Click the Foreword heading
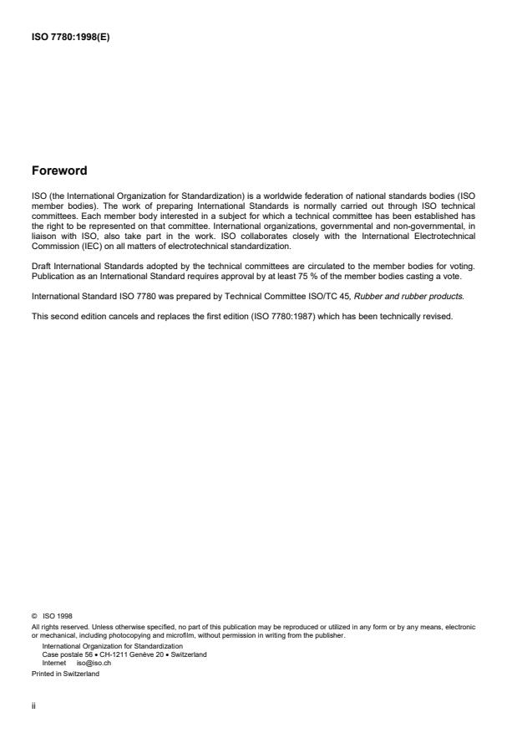58,171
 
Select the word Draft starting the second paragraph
40,264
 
